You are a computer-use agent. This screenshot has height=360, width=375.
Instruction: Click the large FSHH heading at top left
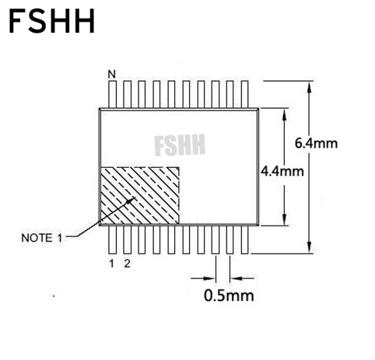point(52,21)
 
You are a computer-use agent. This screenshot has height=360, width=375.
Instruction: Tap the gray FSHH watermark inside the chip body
point(180,145)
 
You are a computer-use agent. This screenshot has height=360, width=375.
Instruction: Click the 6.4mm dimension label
point(316,143)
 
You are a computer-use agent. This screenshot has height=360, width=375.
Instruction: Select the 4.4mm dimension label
point(282,172)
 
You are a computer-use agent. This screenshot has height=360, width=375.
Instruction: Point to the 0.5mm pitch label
point(229,295)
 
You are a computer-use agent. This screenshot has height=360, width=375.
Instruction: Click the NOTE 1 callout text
point(42,238)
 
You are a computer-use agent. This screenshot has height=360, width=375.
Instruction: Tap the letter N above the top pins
point(112,75)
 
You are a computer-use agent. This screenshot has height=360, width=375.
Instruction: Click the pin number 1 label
point(112,264)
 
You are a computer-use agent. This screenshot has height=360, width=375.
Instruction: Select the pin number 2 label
point(127,264)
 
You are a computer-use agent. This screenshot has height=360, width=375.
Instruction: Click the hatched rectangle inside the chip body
point(140,195)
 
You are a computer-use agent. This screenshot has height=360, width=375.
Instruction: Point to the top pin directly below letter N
point(113,94)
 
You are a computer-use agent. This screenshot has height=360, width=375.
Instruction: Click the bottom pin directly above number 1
point(113,239)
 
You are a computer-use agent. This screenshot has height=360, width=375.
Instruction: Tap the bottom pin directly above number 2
point(128,239)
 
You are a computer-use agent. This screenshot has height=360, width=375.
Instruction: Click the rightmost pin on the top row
point(245,94)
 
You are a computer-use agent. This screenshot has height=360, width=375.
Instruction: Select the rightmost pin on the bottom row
point(245,239)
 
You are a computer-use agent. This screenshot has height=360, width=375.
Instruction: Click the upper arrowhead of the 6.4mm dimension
point(309,87)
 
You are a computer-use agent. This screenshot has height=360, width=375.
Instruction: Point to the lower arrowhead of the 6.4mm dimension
point(309,247)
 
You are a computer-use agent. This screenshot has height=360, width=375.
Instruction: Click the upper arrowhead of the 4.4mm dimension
point(285,115)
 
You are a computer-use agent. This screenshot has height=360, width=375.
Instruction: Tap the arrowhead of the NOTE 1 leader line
point(131,200)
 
